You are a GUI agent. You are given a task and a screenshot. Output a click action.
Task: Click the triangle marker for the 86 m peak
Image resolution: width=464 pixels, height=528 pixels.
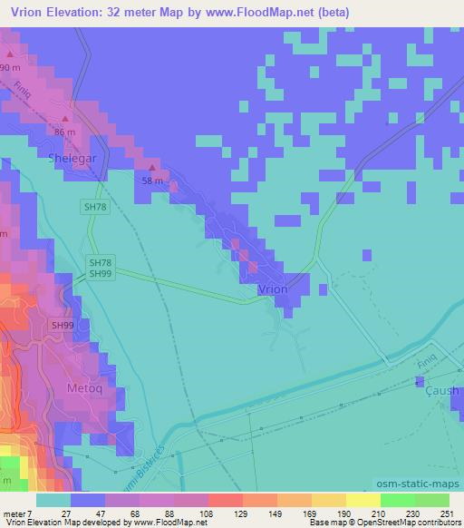(x=65, y=118)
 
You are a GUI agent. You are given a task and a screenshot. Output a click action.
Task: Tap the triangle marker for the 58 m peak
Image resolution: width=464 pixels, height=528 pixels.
(x=152, y=167)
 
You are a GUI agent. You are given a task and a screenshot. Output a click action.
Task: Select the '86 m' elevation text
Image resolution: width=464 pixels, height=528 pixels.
(x=64, y=132)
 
